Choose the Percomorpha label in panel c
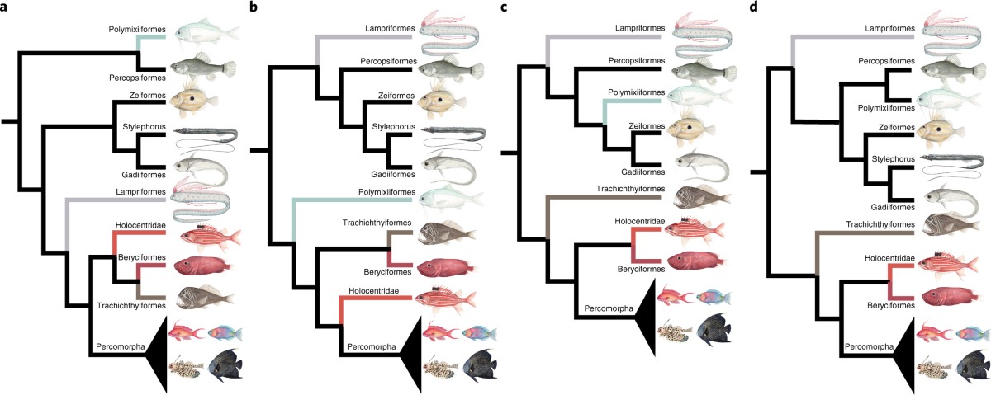point(609,308)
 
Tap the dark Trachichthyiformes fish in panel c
point(702,198)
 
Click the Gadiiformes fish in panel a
point(202,171)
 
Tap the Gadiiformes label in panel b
point(391,176)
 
